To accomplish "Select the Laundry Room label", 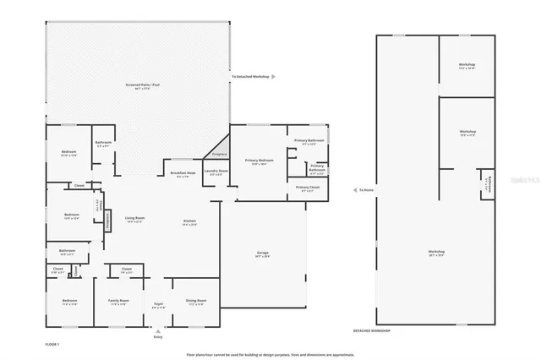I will tap(217, 172).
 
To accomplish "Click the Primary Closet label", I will tap(308, 188).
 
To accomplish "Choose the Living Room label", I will tap(135, 220).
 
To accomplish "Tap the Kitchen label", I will tap(190, 222).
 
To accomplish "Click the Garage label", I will tap(263, 254).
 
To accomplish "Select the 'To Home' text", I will tap(366, 190).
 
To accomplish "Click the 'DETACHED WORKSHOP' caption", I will tap(371, 331).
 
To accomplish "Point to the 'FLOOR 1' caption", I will tap(52, 345).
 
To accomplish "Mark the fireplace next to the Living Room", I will tap(107, 220).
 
